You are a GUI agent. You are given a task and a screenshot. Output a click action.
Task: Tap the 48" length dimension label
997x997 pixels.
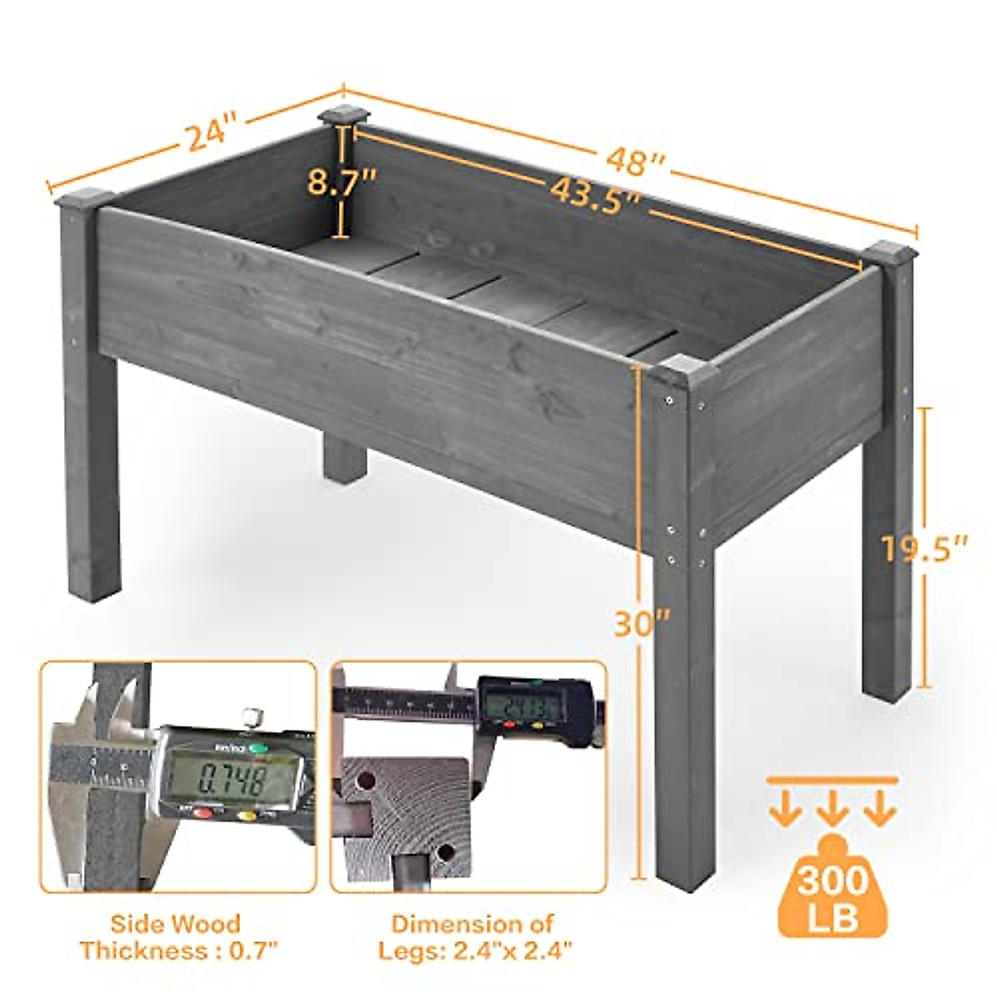636,160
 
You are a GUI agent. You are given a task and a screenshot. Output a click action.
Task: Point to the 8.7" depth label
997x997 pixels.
341,180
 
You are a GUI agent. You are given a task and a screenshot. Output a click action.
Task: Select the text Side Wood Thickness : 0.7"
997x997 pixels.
177,936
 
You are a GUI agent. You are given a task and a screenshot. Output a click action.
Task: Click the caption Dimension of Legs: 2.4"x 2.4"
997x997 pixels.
474,936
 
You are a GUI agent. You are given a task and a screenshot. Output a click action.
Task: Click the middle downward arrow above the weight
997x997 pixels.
832,811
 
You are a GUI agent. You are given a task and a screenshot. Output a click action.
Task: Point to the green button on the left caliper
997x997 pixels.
259,749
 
